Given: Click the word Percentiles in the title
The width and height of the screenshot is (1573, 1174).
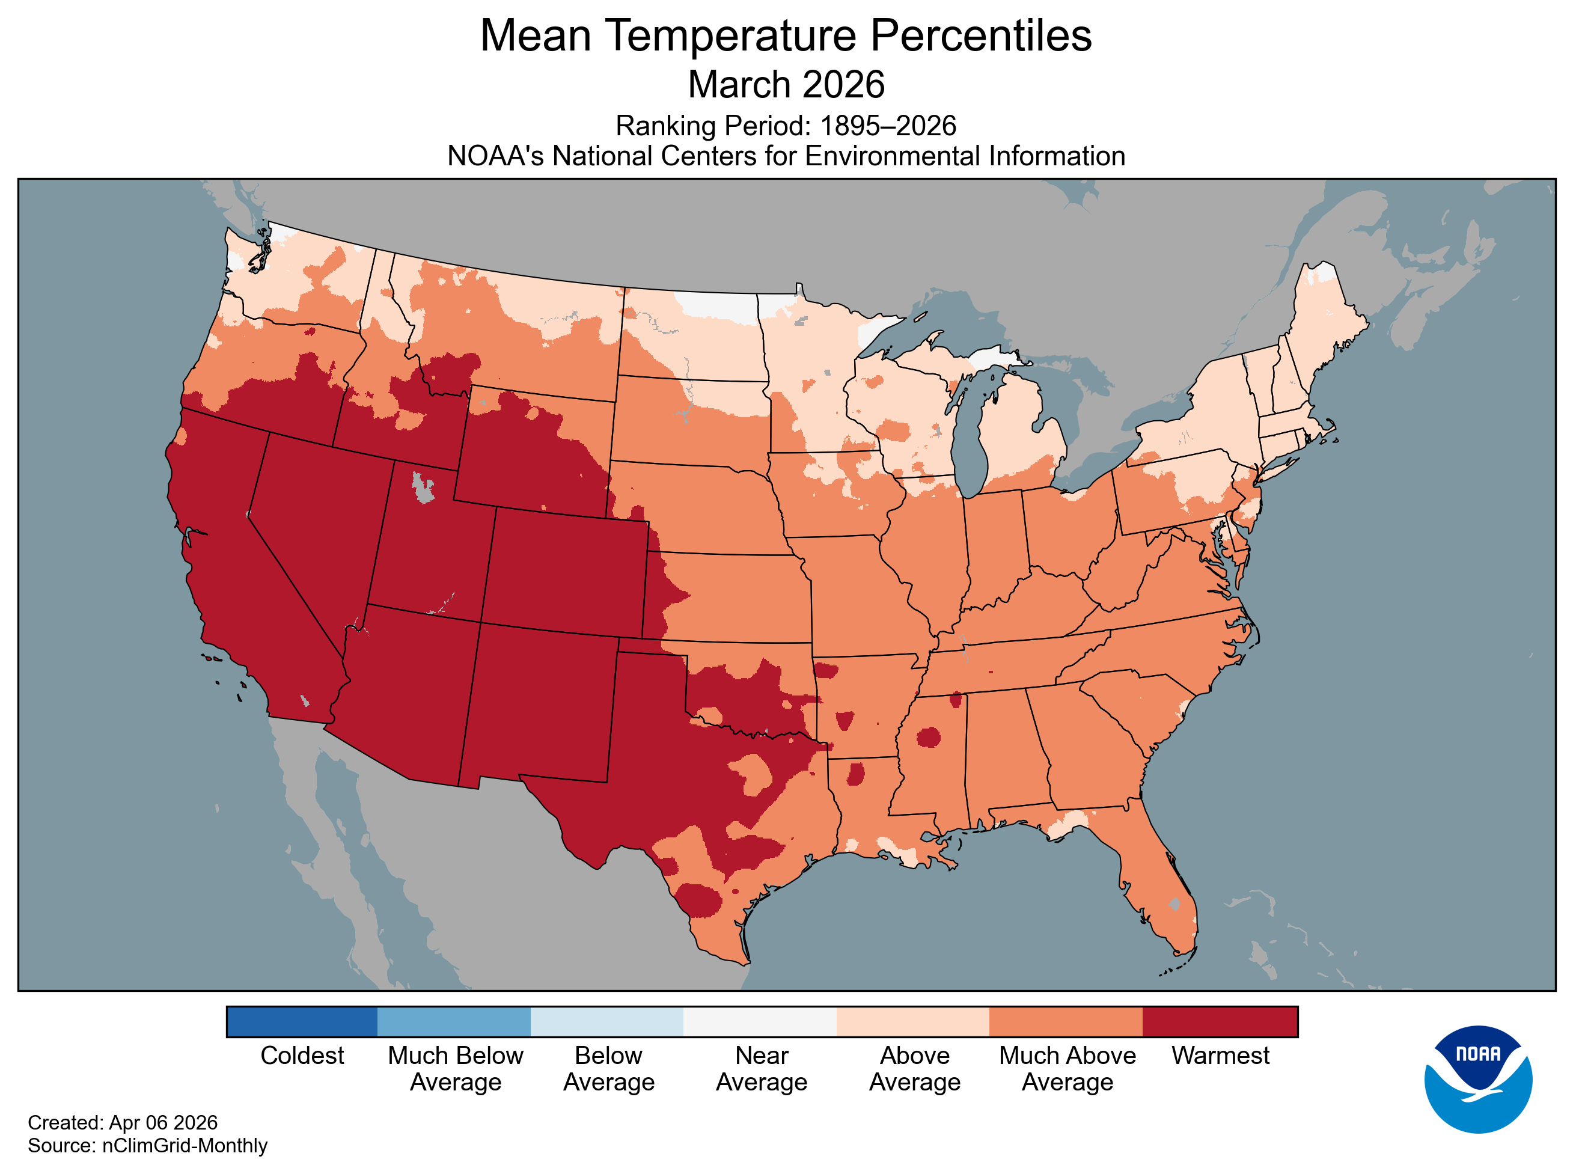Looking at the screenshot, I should tap(980, 35).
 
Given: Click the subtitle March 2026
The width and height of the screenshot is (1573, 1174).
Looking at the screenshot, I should tap(786, 85).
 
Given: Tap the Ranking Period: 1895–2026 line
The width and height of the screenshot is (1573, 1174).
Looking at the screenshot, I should tap(786, 126).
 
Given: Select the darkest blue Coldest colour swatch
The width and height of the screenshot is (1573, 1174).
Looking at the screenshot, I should tap(302, 1021).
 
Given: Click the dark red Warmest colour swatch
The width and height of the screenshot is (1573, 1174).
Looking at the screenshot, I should tap(1219, 1021).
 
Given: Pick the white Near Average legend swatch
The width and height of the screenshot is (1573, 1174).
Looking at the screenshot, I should tap(760, 1021).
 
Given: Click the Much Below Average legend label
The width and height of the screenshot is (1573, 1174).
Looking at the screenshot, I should tap(456, 1068).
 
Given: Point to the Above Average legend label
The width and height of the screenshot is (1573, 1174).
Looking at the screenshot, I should tap(914, 1068).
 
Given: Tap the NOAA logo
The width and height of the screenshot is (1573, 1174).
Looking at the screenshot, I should tap(1478, 1079).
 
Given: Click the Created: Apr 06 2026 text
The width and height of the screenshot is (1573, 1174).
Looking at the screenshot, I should tap(122, 1122).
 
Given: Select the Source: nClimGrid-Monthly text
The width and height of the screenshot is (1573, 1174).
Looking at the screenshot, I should tap(147, 1145).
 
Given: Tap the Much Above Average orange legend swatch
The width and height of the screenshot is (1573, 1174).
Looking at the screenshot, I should tap(1066, 1021).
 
